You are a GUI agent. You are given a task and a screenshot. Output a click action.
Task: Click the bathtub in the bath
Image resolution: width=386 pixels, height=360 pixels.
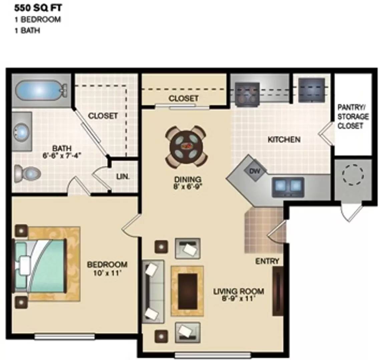point(40,90)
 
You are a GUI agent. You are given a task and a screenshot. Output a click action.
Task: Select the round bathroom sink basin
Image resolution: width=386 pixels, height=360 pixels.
point(22,131)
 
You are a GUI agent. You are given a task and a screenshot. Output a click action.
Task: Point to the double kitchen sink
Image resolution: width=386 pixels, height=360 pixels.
point(288,187)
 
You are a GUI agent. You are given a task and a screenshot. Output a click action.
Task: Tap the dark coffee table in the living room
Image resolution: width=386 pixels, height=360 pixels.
point(187,291)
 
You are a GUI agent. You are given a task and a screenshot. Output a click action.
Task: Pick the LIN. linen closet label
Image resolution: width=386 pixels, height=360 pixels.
point(123,177)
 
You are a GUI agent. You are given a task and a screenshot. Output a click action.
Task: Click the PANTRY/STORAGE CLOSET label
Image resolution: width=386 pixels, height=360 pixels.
point(353,117)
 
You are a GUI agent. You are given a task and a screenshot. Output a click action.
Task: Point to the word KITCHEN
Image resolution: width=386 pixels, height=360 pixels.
point(284,139)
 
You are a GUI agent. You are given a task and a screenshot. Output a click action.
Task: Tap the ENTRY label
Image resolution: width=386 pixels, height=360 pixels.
point(267,261)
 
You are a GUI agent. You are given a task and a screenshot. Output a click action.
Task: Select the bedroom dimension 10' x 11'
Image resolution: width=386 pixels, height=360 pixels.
point(107,274)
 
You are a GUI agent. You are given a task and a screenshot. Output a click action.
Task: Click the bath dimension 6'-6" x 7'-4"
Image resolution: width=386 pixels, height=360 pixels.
point(62,156)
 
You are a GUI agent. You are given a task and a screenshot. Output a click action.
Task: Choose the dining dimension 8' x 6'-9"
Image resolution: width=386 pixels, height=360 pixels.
point(188,187)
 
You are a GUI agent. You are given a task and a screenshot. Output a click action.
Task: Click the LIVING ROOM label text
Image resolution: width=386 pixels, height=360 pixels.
point(239,291)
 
